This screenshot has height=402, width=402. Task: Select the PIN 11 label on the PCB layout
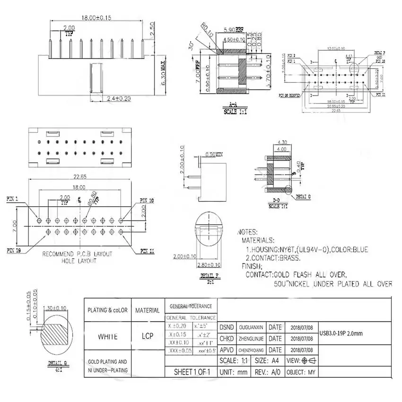pyautogui.click(x=147, y=251)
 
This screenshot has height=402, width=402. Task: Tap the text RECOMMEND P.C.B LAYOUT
pyautogui.click(x=78, y=254)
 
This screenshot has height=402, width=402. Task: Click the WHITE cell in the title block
pyautogui.click(x=107, y=337)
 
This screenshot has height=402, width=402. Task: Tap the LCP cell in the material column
pyautogui.click(x=147, y=337)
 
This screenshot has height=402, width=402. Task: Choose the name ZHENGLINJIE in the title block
pyautogui.click(x=251, y=339)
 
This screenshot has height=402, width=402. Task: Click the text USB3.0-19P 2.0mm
pyautogui.click(x=341, y=333)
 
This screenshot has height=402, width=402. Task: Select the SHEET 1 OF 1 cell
pyautogui.click(x=191, y=372)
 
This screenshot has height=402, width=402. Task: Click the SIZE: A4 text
pyautogui.click(x=269, y=361)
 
